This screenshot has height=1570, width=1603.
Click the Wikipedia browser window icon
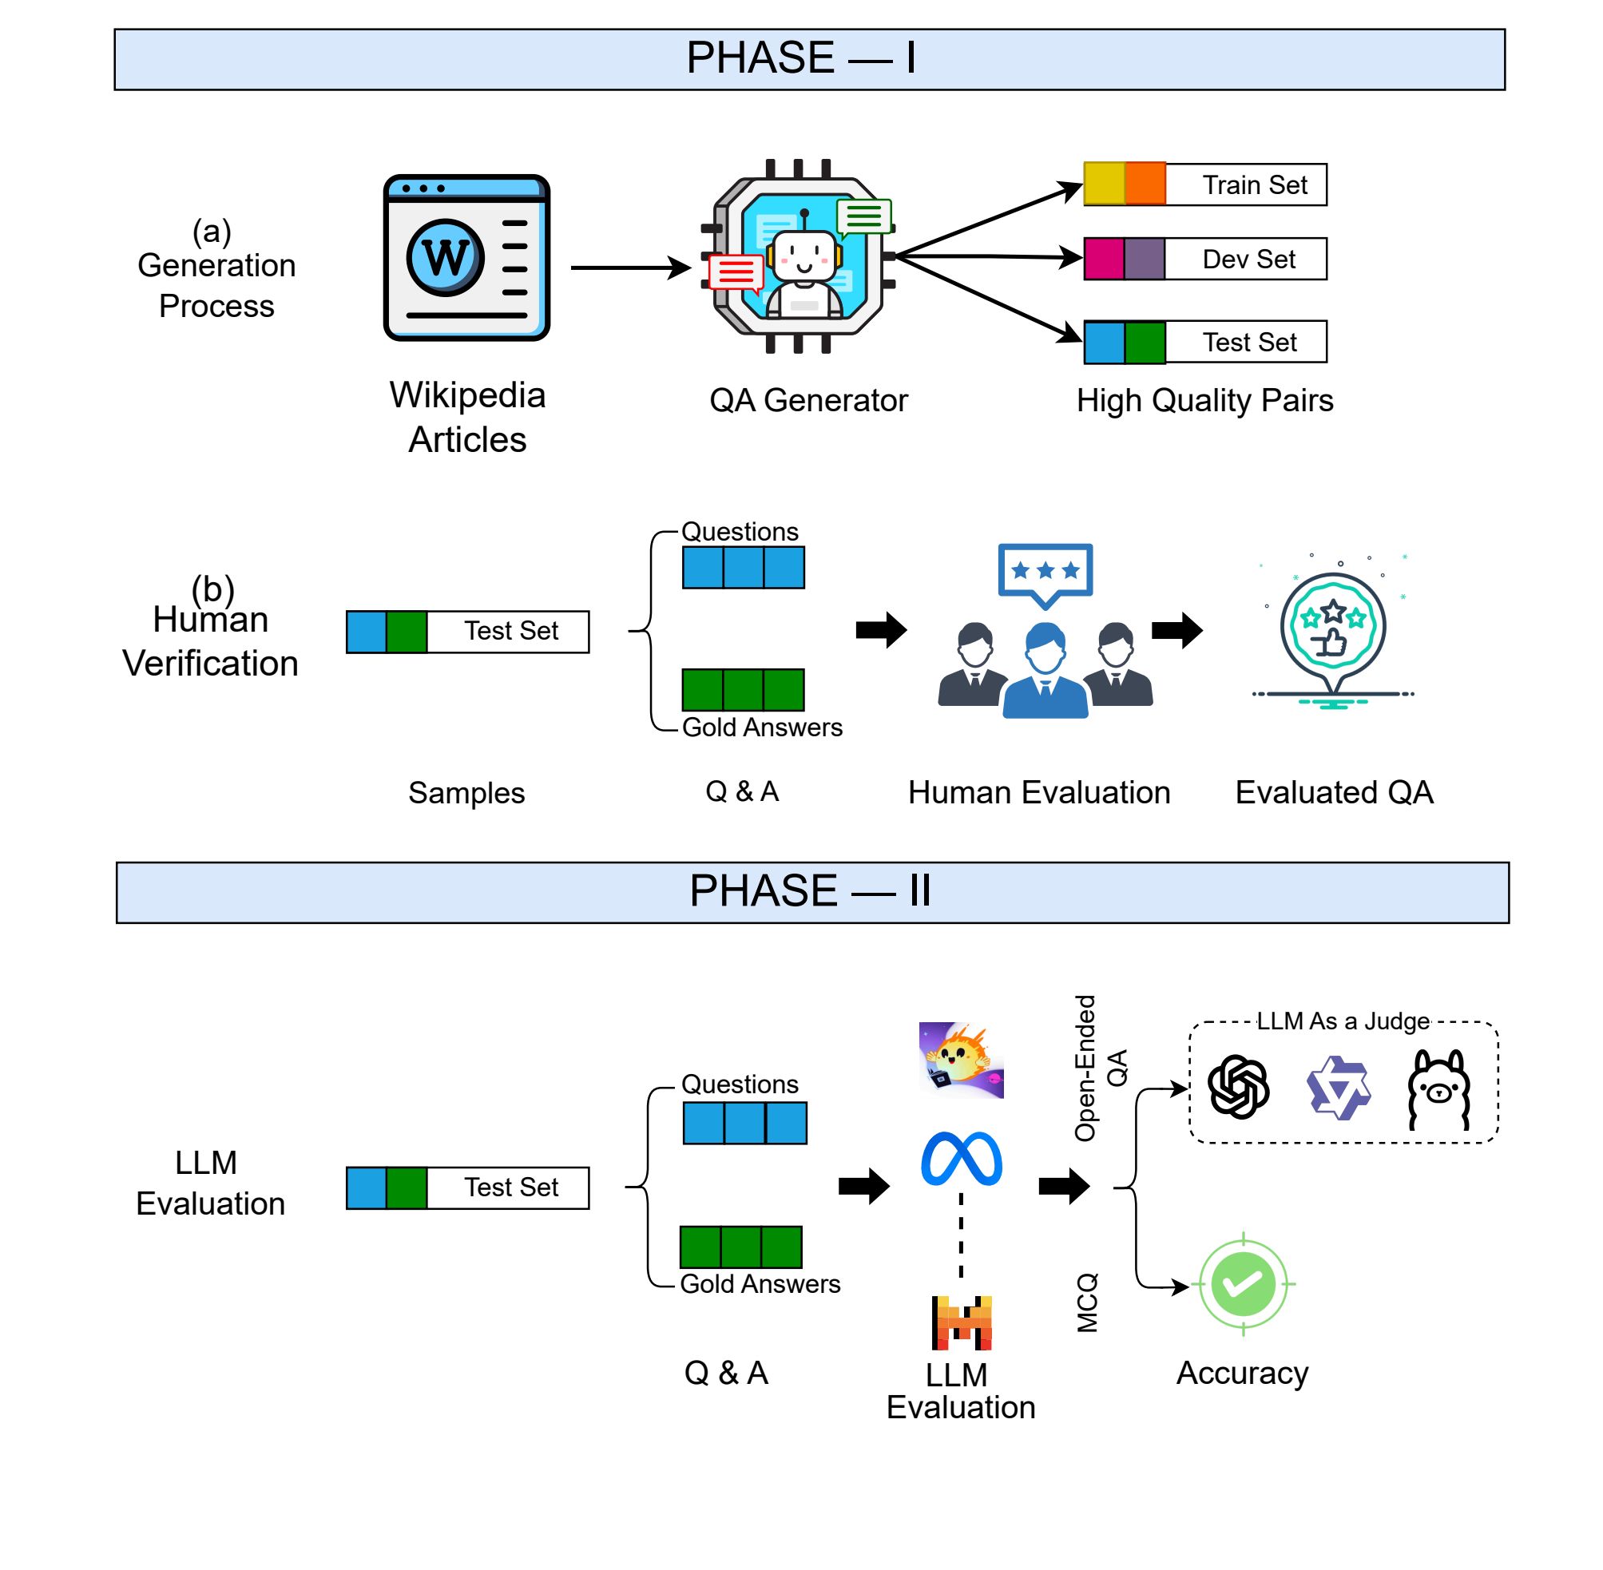tap(466, 257)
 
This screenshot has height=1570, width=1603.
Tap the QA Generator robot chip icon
tap(798, 256)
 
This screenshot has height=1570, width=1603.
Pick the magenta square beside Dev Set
tap(1103, 259)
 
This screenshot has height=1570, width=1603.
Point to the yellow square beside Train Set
tap(1103, 184)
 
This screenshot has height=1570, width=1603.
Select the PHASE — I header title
tap(800, 58)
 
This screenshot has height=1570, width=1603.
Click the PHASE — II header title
tap(810, 891)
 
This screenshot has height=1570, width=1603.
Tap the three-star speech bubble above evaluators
tap(1045, 572)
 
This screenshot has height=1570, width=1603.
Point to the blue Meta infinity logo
tap(961, 1160)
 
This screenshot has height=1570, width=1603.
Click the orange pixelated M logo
tap(961, 1322)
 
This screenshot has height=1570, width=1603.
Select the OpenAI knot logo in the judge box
tap(1238, 1087)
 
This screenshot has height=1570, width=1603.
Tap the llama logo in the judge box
tap(1438, 1088)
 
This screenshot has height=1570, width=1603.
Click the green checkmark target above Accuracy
tap(1243, 1284)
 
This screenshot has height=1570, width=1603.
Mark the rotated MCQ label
tap(1088, 1302)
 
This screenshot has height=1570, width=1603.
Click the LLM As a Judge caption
tap(1342, 1021)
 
